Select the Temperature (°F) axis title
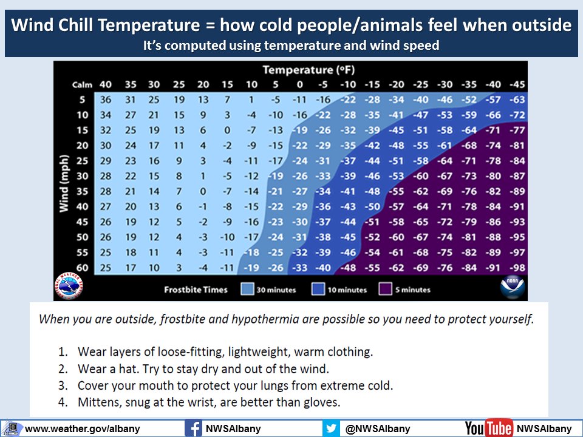click(x=309, y=70)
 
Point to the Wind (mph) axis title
click(x=64, y=183)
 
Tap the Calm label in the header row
click(x=82, y=85)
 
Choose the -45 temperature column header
click(x=516, y=85)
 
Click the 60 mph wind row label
click(x=82, y=268)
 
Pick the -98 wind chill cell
click(x=517, y=268)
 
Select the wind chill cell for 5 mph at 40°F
click(x=106, y=100)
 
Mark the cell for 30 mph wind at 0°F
click(x=299, y=176)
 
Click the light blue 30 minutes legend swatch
click(x=247, y=289)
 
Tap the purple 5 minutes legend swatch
click(x=385, y=289)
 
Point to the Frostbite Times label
click(x=196, y=290)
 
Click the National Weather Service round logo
click(x=69, y=286)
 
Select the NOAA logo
click(x=513, y=287)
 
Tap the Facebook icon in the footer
click(x=193, y=429)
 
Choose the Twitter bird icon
click(x=331, y=429)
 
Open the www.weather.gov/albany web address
click(x=82, y=429)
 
